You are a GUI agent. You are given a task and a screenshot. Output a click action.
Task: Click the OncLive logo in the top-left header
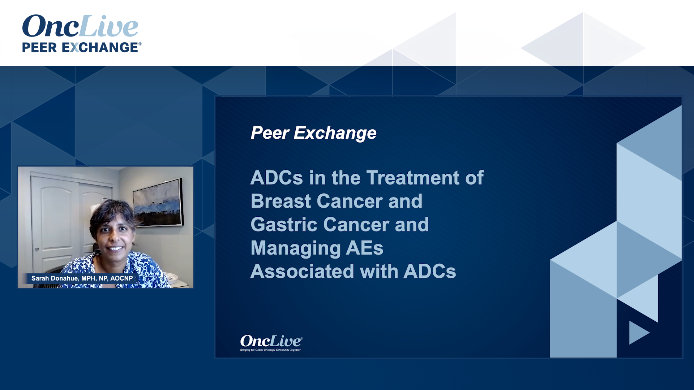(80, 26)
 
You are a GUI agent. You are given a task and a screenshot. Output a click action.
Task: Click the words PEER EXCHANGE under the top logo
(80, 47)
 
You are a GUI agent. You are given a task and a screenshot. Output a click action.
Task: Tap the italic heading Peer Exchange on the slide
(313, 133)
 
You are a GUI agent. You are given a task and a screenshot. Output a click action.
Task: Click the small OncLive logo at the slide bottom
(271, 341)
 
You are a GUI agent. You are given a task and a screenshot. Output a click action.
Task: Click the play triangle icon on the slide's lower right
(638, 332)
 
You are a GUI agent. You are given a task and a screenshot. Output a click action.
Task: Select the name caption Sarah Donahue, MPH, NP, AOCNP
(82, 278)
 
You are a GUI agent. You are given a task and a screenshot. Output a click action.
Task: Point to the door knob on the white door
(37, 249)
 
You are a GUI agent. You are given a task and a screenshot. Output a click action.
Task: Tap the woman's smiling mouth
(115, 248)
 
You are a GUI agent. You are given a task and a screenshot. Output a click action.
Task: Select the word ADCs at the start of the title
(277, 178)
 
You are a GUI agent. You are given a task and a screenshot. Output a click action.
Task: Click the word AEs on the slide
(364, 248)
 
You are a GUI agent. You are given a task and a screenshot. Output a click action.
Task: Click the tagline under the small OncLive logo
(270, 350)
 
